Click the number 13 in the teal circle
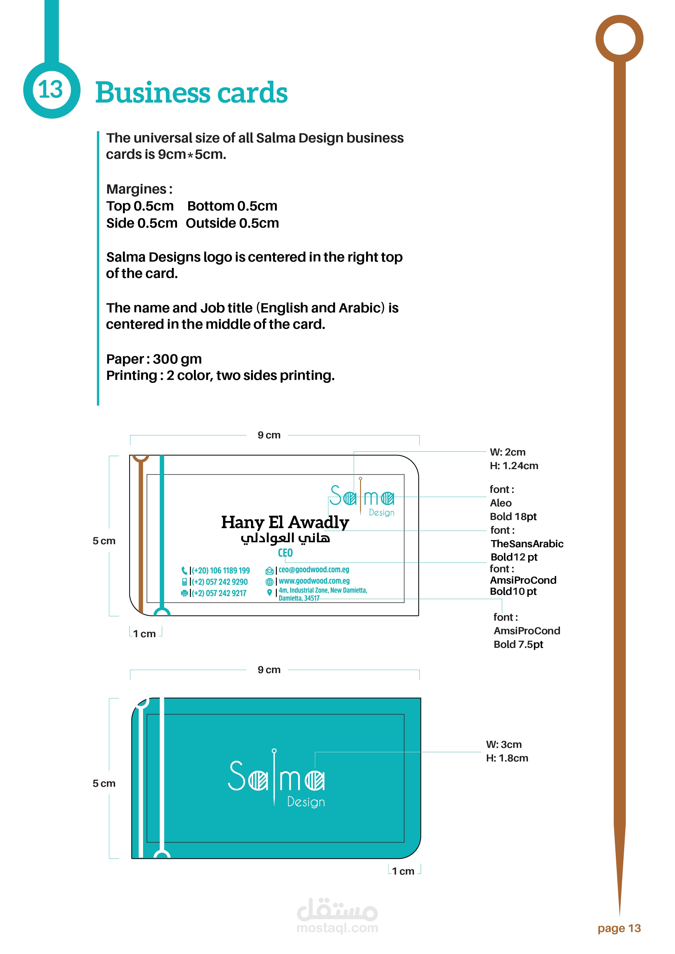(x=51, y=90)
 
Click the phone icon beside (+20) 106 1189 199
(x=184, y=571)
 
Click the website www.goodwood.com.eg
(x=314, y=581)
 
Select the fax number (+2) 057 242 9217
(x=219, y=593)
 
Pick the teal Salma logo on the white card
(x=362, y=498)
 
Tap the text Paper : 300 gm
(x=154, y=359)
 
